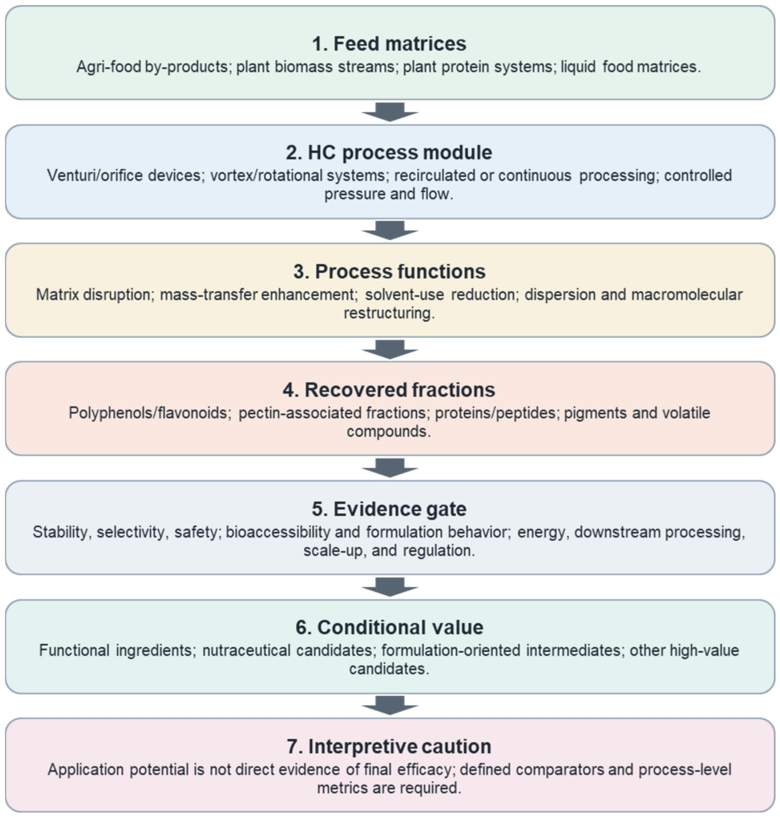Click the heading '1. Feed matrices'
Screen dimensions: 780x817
click(389, 44)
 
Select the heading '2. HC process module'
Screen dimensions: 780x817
click(389, 153)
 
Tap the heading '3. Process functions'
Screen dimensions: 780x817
click(389, 272)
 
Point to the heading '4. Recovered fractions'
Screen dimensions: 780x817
click(389, 390)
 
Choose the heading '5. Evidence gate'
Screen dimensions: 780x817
click(389, 509)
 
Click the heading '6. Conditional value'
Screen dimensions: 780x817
click(389, 627)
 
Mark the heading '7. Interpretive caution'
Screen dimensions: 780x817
click(389, 746)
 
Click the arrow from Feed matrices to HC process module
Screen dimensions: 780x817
click(390, 112)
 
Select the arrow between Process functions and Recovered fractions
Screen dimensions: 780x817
click(390, 350)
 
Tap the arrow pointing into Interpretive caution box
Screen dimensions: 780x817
click(390, 705)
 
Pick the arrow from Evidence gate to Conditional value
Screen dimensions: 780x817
click(390, 587)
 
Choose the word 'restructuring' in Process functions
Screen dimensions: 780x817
click(389, 313)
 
